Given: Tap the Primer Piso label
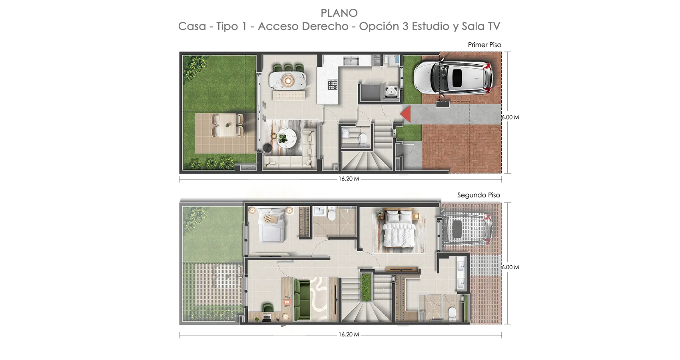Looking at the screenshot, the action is tap(484, 45).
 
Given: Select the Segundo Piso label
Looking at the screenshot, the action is tap(479, 195).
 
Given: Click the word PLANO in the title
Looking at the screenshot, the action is tap(339, 13).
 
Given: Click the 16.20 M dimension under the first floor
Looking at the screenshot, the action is tap(349, 179).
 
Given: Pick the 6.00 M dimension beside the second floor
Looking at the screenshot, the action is tap(510, 267).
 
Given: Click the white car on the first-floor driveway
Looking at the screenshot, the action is tap(453, 78).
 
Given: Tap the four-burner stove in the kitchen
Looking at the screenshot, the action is tap(333, 84).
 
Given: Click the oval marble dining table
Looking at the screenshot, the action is tap(288, 80).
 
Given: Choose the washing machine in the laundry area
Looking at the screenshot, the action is tap(391, 91).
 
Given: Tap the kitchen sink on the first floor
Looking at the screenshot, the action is tap(351, 61).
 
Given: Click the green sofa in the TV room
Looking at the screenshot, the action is tap(301, 300).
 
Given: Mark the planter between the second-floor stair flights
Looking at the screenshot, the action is tap(366, 287).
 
